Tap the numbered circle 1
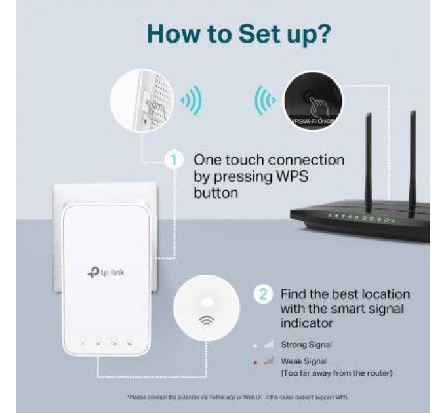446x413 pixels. tap(174, 160)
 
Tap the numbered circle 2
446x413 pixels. tap(263, 294)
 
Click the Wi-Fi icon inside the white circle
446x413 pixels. tap(206, 321)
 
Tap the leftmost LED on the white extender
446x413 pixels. tap(81, 342)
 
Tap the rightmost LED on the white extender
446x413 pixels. tap(130, 342)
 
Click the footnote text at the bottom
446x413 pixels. tap(237, 397)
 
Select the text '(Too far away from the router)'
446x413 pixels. tap(336, 373)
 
